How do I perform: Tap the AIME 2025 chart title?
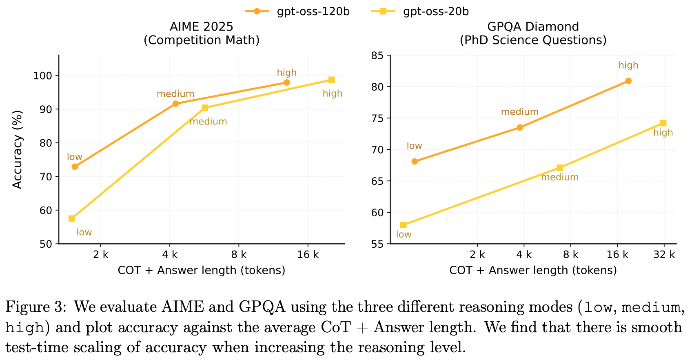click(202, 27)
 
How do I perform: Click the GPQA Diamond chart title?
click(533, 27)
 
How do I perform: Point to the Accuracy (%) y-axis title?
click(17, 150)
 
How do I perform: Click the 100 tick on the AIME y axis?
click(45, 76)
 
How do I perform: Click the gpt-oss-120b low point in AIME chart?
click(75, 167)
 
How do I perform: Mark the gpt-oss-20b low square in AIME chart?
click(72, 219)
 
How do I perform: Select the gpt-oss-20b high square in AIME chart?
click(332, 80)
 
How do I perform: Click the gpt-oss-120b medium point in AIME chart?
click(175, 104)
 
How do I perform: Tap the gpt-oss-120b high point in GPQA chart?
click(628, 81)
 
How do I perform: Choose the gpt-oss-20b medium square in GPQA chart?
click(560, 168)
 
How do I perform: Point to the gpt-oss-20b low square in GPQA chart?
click(404, 225)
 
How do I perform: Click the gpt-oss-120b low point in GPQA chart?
click(415, 161)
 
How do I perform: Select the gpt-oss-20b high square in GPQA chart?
click(663, 123)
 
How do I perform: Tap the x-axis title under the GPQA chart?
click(533, 270)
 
